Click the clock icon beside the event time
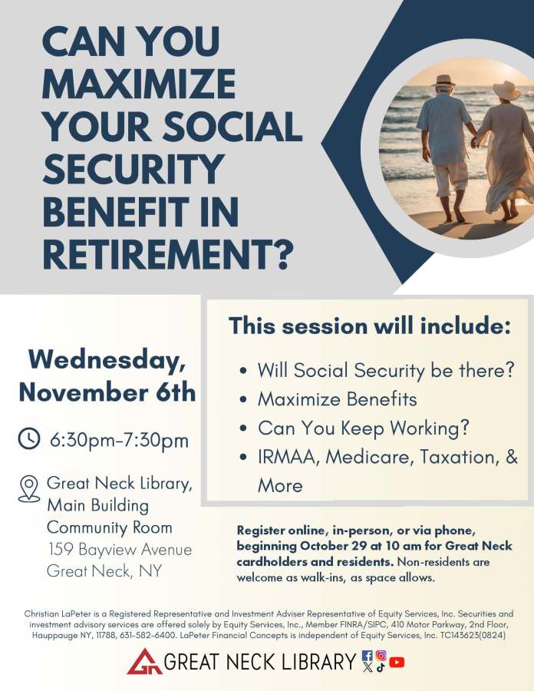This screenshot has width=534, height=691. click(29, 438)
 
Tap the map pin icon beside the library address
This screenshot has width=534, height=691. click(29, 488)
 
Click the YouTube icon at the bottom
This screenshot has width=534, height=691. click(397, 662)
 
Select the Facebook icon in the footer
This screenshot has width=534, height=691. click(368, 656)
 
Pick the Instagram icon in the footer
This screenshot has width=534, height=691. click(381, 656)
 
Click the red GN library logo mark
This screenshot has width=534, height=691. click(143, 661)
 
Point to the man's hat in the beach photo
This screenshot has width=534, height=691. click(443, 80)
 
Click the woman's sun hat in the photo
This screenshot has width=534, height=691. click(506, 91)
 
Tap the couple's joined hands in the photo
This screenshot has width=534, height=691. click(475, 142)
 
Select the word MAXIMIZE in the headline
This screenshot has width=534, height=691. click(139, 84)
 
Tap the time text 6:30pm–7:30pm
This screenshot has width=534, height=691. click(119, 440)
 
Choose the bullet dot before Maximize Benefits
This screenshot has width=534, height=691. click(243, 400)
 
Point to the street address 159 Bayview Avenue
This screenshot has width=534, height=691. click(120, 550)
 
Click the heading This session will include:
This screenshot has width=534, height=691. click(370, 326)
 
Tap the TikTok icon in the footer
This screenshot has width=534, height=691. click(381, 666)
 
